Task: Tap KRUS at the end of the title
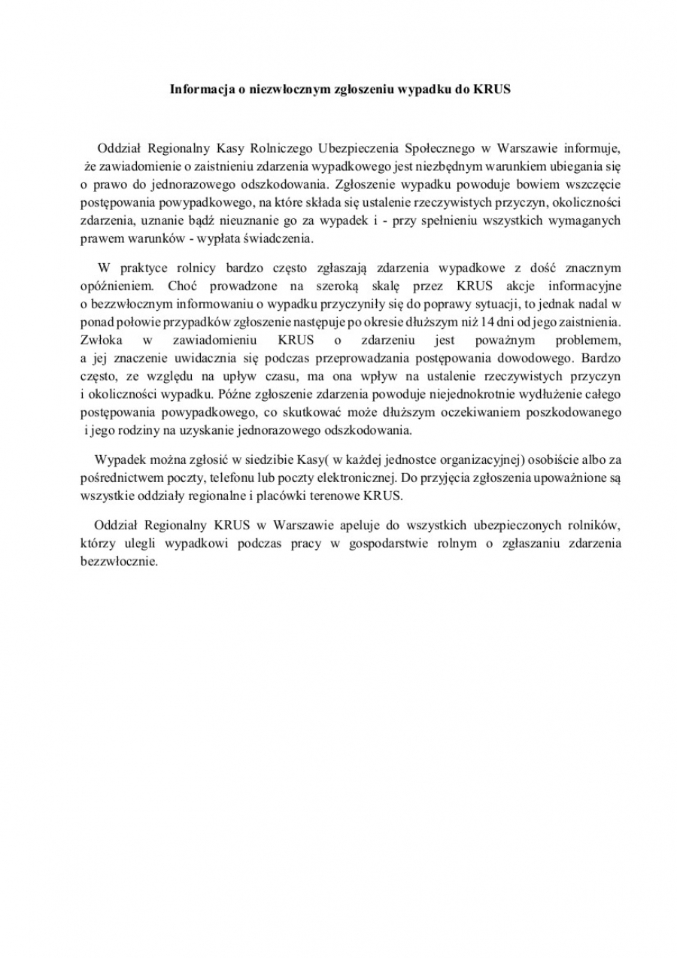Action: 493,89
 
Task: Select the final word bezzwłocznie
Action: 120,560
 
